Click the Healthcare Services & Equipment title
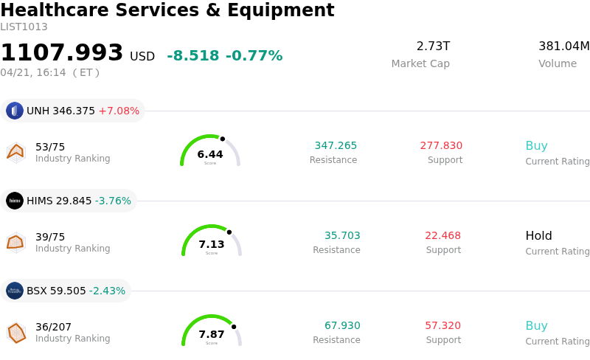tap(167, 11)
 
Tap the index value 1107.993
tap(62, 53)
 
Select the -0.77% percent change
tap(254, 56)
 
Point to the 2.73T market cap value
tap(433, 46)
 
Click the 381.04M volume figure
tap(563, 46)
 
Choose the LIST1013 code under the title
tap(24, 27)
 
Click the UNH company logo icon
tap(15, 111)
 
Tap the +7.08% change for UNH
tap(119, 111)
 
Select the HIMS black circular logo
tap(15, 201)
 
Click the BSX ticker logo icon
tap(15, 291)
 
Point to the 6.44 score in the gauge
tap(210, 155)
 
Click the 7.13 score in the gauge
tap(212, 245)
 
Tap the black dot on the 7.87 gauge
tap(234, 326)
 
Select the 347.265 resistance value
tap(336, 146)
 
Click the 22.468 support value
tap(442, 236)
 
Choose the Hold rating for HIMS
tap(538, 236)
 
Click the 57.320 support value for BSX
tap(442, 326)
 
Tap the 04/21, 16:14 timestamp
tap(33, 73)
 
